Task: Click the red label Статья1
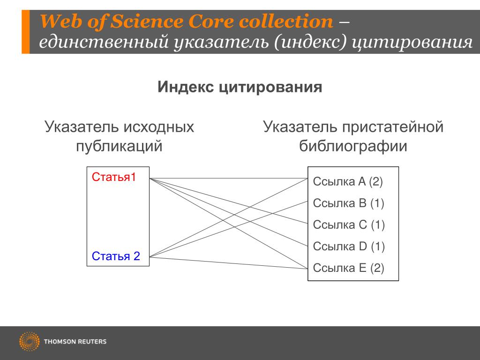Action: [114, 177]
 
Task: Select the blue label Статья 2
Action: [116, 256]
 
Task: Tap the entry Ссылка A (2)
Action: [348, 182]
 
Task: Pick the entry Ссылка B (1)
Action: [348, 203]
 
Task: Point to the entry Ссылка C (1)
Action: [348, 225]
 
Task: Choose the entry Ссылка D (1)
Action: [348, 247]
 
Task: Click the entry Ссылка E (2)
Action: [348, 268]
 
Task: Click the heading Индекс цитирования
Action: [240, 87]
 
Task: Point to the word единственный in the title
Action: [105, 43]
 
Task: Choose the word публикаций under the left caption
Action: [119, 146]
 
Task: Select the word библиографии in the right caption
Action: [353, 146]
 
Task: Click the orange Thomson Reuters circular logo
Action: [29, 341]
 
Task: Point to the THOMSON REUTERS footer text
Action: [75, 342]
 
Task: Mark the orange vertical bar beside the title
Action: [25, 31]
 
